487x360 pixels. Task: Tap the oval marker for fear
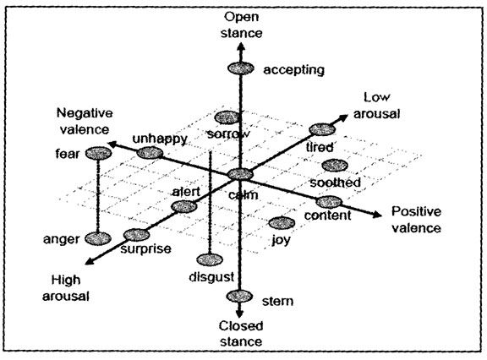click(98, 153)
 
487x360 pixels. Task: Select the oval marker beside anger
click(98, 239)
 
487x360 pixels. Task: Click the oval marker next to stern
click(241, 296)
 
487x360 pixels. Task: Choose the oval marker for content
click(328, 202)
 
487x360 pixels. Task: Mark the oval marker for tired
click(321, 129)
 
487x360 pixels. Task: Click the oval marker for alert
click(183, 207)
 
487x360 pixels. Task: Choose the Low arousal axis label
click(380, 105)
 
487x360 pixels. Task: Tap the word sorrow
click(227, 134)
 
